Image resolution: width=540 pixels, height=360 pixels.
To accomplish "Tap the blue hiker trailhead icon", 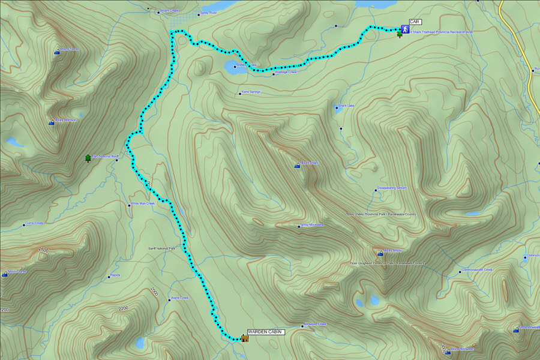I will tap(405, 29).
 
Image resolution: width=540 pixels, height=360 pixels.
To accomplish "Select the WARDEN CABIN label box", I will tap(265, 331).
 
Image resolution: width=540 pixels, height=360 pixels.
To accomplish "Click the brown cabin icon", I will tap(245, 338).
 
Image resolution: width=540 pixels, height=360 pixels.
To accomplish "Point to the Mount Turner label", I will tap(70, 50).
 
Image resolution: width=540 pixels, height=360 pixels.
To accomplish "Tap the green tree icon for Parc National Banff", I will tap(88, 158).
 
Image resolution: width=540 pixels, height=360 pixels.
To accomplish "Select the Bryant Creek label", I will tap(170, 10).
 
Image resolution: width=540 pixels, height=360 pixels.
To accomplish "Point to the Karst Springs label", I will tap(251, 92).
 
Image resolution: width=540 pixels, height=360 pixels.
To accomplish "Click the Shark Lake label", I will tap(346, 106).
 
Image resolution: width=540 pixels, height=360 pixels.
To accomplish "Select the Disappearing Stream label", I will tap(392, 188).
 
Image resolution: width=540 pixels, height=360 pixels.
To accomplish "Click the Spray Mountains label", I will tap(311, 225).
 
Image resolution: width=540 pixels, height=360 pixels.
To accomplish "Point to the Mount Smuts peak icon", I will tap(380, 253).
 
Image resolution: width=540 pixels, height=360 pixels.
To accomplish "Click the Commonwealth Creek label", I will tap(476, 269).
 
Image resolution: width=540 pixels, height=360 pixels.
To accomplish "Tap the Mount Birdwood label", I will tap(463, 349).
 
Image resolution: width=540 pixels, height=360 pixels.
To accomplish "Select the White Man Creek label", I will tap(143, 203).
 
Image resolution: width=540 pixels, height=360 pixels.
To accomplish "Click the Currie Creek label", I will tap(34, 223).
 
